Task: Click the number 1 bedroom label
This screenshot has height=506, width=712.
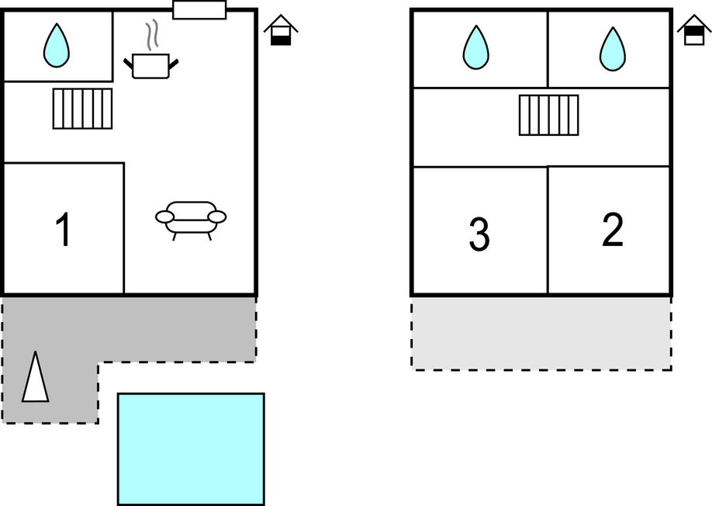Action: (64, 230)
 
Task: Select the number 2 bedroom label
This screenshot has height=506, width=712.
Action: (612, 230)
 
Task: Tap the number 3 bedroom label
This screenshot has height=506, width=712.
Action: (479, 235)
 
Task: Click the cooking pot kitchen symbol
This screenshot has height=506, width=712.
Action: (150, 65)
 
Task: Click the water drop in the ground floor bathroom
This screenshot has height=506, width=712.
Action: (56, 45)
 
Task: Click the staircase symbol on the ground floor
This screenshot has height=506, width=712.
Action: (82, 109)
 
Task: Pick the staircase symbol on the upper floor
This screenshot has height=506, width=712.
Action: (549, 115)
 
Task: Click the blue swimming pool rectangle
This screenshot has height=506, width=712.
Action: (191, 449)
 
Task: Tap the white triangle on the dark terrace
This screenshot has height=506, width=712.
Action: (35, 377)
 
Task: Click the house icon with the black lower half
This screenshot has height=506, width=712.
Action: (281, 31)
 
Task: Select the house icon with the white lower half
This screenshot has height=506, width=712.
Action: (694, 31)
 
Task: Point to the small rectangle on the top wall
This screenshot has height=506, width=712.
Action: (199, 10)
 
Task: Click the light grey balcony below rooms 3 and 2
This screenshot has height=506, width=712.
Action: (541, 334)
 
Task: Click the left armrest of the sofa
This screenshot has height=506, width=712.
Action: (164, 217)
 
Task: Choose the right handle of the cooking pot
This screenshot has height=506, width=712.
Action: (175, 64)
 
